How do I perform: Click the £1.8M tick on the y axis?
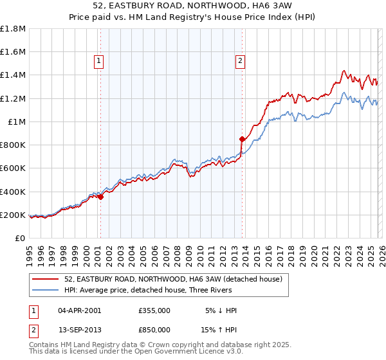click(13, 29)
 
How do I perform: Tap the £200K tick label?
click(13, 215)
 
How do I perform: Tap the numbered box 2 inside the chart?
click(240, 62)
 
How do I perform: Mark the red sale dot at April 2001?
click(100, 197)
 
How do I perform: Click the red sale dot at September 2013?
click(242, 139)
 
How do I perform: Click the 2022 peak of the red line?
click(345, 71)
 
